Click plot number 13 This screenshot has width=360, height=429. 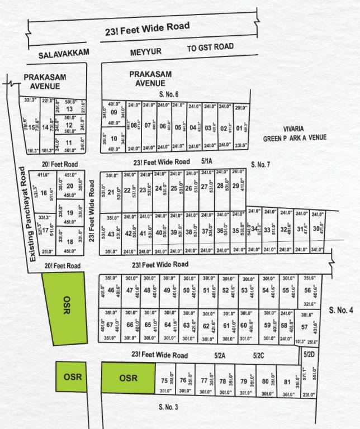pyautogui.click(x=69, y=109)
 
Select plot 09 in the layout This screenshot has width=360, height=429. pyautogui.click(x=114, y=112)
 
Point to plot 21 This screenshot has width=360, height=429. pyautogui.click(x=111, y=193)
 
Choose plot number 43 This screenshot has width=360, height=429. pyautogui.click(x=111, y=234)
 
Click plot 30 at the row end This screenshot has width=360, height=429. pyautogui.click(x=316, y=229)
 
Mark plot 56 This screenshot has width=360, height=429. pyautogui.click(x=307, y=290)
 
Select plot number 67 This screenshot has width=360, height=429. pyautogui.click(x=110, y=325)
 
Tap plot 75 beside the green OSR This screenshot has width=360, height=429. pyautogui.click(x=164, y=381)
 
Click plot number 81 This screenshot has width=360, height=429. pyautogui.click(x=287, y=382)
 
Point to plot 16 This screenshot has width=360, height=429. pyautogui.click(x=44, y=193)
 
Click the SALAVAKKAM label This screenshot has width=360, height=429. pyautogui.click(x=64, y=55)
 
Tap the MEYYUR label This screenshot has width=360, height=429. pyautogui.click(x=146, y=52)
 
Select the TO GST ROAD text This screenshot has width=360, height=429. pyautogui.click(x=210, y=47)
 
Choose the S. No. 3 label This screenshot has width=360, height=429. pyautogui.click(x=168, y=407)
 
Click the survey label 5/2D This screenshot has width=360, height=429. pyautogui.click(x=309, y=354)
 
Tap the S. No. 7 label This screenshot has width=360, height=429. pyautogui.click(x=260, y=164)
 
